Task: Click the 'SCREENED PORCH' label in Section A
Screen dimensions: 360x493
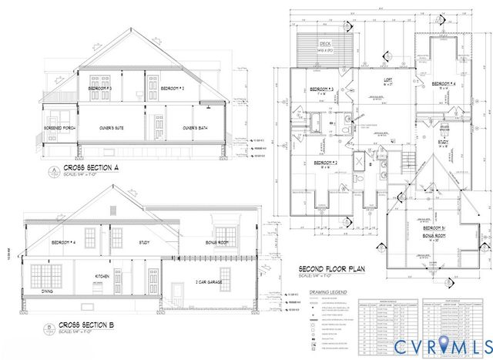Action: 59,128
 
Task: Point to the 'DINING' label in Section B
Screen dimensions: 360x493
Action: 46,291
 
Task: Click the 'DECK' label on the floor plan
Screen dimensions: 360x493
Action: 325,45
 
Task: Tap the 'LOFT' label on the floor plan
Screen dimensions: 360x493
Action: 389,79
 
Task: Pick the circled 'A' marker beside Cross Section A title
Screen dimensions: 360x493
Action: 53,169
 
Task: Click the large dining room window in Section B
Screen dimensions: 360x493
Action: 46,274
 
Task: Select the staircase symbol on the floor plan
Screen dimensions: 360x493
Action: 407,162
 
